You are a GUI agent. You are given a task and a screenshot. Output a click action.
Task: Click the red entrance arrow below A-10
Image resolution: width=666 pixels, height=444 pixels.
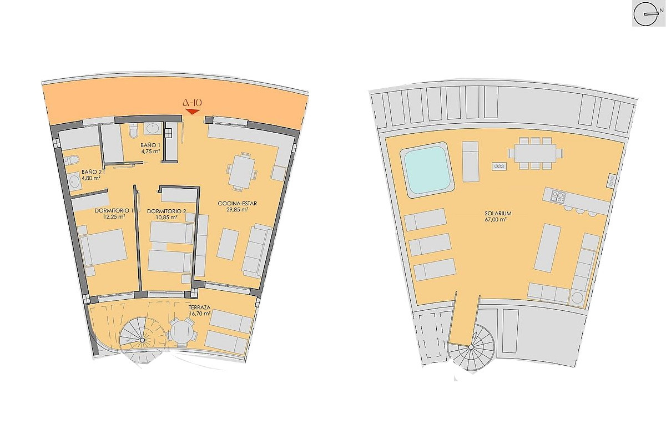(x=193, y=112)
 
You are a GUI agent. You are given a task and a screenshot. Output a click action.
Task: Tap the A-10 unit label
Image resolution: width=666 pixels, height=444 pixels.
(x=193, y=103)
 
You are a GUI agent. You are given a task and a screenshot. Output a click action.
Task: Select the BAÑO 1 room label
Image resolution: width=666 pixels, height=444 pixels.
(x=150, y=145)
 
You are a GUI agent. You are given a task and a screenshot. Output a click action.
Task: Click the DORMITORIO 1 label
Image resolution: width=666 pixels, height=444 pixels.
(x=114, y=210)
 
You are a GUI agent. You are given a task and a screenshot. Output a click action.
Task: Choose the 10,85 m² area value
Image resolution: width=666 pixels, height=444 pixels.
(x=167, y=217)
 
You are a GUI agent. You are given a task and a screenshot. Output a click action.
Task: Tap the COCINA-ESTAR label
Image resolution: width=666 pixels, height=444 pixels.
(x=238, y=204)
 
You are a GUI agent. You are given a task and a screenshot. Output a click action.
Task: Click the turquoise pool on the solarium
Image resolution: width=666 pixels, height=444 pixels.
(x=428, y=169)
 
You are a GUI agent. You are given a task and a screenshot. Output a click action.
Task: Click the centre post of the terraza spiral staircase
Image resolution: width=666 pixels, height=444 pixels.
(x=142, y=340)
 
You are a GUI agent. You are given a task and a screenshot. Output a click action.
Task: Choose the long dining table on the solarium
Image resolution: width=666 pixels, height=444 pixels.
(x=535, y=153)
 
